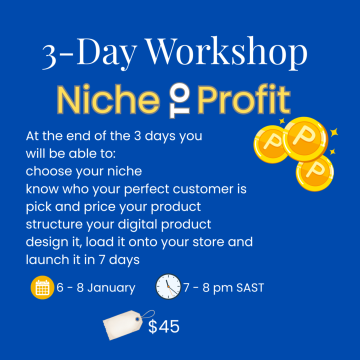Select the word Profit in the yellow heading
[243, 100]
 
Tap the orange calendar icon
[42, 288]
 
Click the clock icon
[168, 286]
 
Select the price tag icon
[123, 323]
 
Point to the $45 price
[163, 326]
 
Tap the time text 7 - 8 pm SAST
[223, 288]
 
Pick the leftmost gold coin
[271, 143]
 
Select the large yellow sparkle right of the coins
[334, 132]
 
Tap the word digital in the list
[145, 224]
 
